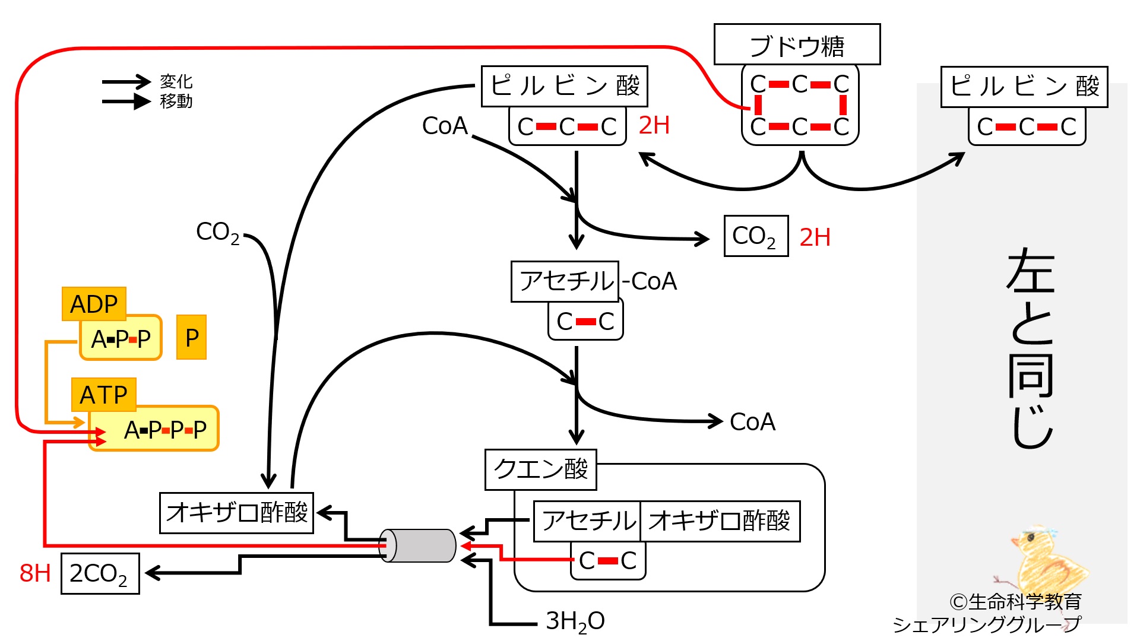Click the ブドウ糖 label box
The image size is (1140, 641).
797,45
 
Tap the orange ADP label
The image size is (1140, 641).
94,304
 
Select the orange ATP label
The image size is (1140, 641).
104,395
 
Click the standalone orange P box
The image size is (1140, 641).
192,338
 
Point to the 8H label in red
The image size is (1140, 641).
35,573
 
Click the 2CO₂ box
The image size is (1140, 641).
100,573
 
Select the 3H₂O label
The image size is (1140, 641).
575,621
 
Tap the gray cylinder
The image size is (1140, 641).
417,545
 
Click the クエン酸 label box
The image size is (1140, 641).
541,469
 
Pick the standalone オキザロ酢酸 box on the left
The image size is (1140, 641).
237,513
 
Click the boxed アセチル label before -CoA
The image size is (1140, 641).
565,281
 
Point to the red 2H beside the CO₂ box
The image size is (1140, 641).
815,237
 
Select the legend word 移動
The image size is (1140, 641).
176,101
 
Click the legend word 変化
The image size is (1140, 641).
176,81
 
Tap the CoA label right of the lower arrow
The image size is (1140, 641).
752,422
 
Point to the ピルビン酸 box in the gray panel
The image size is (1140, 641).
1024,87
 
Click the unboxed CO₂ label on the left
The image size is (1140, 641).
218,233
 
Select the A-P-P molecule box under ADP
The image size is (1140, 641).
121,338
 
